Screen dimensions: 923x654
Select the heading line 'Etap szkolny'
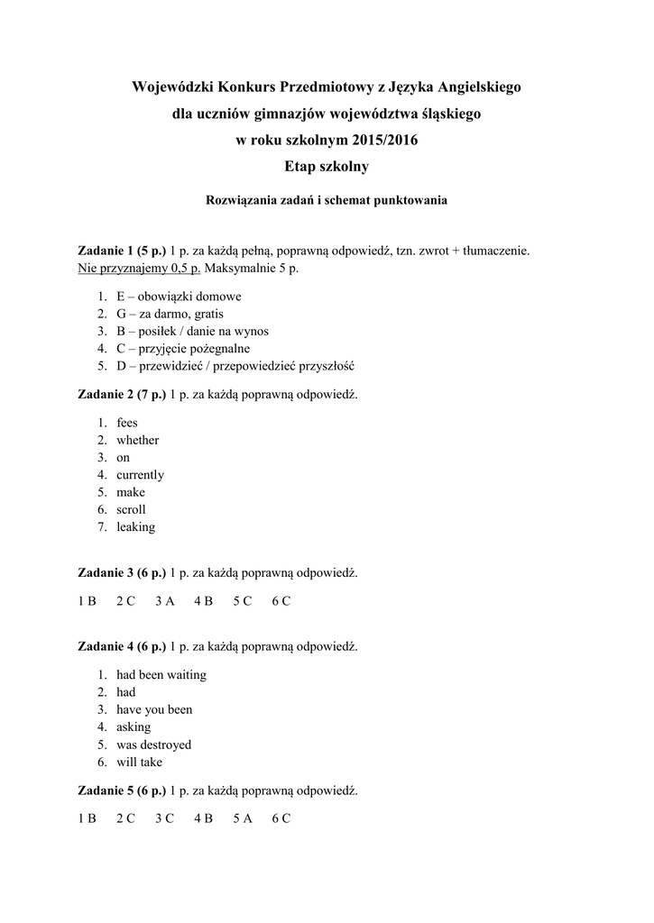coord(327,167)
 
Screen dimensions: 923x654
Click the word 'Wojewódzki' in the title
coord(171,87)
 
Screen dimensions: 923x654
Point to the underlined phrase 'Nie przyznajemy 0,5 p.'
coord(140,268)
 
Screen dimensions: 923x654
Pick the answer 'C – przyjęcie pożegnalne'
coord(183,348)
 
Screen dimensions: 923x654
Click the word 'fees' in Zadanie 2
coord(127,423)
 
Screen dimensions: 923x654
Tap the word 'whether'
coord(137,440)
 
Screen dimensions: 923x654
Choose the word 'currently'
coord(140,475)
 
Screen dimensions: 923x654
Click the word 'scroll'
coord(131,509)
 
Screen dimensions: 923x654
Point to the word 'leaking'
coord(135,527)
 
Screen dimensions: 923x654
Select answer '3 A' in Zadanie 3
coord(164,601)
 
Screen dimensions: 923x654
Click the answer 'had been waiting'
coord(161,675)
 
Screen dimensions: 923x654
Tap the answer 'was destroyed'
coord(153,745)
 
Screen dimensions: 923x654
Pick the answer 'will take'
coord(139,763)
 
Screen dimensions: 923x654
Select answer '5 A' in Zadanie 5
coord(242,818)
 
